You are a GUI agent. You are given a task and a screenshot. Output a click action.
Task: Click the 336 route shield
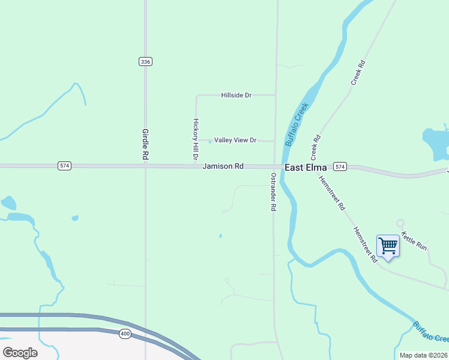coord(145,62)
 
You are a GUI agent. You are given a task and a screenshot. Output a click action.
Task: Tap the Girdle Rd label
coord(145,144)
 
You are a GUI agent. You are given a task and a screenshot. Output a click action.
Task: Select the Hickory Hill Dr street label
coord(195,139)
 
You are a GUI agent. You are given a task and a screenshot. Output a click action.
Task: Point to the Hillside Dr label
coord(236,95)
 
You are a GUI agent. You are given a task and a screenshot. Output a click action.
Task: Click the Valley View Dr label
coord(235,140)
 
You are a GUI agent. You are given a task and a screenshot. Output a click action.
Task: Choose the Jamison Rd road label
coord(223,166)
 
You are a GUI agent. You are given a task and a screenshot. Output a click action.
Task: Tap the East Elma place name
coord(306,167)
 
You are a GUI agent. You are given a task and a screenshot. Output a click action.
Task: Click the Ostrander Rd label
coord(273,191)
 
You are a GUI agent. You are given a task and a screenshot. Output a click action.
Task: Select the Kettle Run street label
coord(414,241)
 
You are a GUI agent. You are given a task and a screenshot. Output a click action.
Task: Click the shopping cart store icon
coord(388,245)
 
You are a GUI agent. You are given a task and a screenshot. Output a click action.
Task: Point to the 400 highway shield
coord(125,334)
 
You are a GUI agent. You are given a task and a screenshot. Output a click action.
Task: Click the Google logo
coord(20,353)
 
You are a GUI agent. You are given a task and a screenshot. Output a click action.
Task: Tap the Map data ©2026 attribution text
coord(424,355)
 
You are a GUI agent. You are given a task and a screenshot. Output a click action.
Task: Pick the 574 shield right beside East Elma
coord(340,166)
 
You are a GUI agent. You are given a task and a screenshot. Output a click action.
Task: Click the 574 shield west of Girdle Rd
coord(64,166)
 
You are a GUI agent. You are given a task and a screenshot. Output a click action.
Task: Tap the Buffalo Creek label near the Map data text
coord(430,332)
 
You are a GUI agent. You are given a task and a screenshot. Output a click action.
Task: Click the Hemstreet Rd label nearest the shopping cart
coord(364,244)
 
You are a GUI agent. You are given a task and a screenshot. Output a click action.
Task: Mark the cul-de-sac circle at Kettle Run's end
coord(400,223)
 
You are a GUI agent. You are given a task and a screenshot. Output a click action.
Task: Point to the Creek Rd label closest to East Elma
coord(314,146)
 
